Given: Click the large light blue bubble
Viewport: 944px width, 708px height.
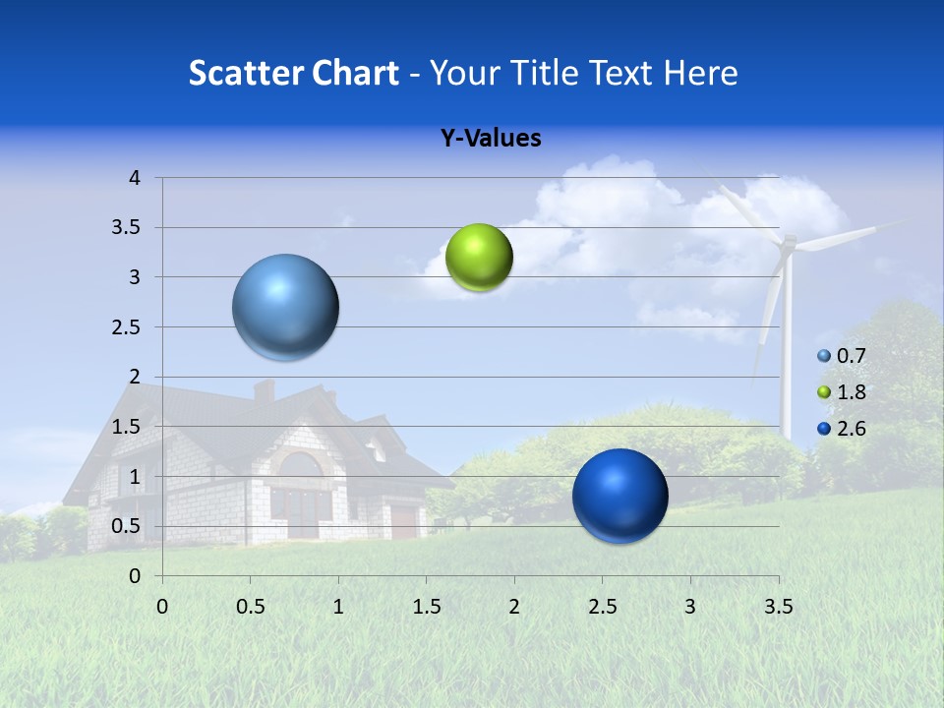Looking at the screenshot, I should (x=285, y=307).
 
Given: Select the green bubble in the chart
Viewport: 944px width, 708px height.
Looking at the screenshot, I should (x=479, y=258).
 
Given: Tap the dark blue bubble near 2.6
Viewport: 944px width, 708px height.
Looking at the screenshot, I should (x=619, y=496).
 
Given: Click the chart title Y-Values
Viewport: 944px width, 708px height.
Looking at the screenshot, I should (x=490, y=139).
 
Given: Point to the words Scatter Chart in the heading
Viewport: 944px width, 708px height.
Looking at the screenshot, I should (x=294, y=73).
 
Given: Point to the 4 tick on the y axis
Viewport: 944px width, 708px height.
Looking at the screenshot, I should (x=135, y=178).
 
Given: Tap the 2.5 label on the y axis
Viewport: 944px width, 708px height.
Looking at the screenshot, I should (x=128, y=327).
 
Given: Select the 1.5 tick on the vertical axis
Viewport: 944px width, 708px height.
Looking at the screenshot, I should (x=128, y=427).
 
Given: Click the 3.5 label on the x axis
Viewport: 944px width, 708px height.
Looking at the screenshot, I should (x=778, y=607).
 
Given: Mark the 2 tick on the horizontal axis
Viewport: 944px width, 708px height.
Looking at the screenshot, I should (x=513, y=607).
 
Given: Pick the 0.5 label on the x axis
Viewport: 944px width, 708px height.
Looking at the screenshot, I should (x=250, y=607).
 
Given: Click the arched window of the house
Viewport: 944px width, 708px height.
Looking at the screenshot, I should (x=301, y=467).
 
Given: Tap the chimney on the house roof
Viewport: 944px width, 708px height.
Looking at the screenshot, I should (x=264, y=390).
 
